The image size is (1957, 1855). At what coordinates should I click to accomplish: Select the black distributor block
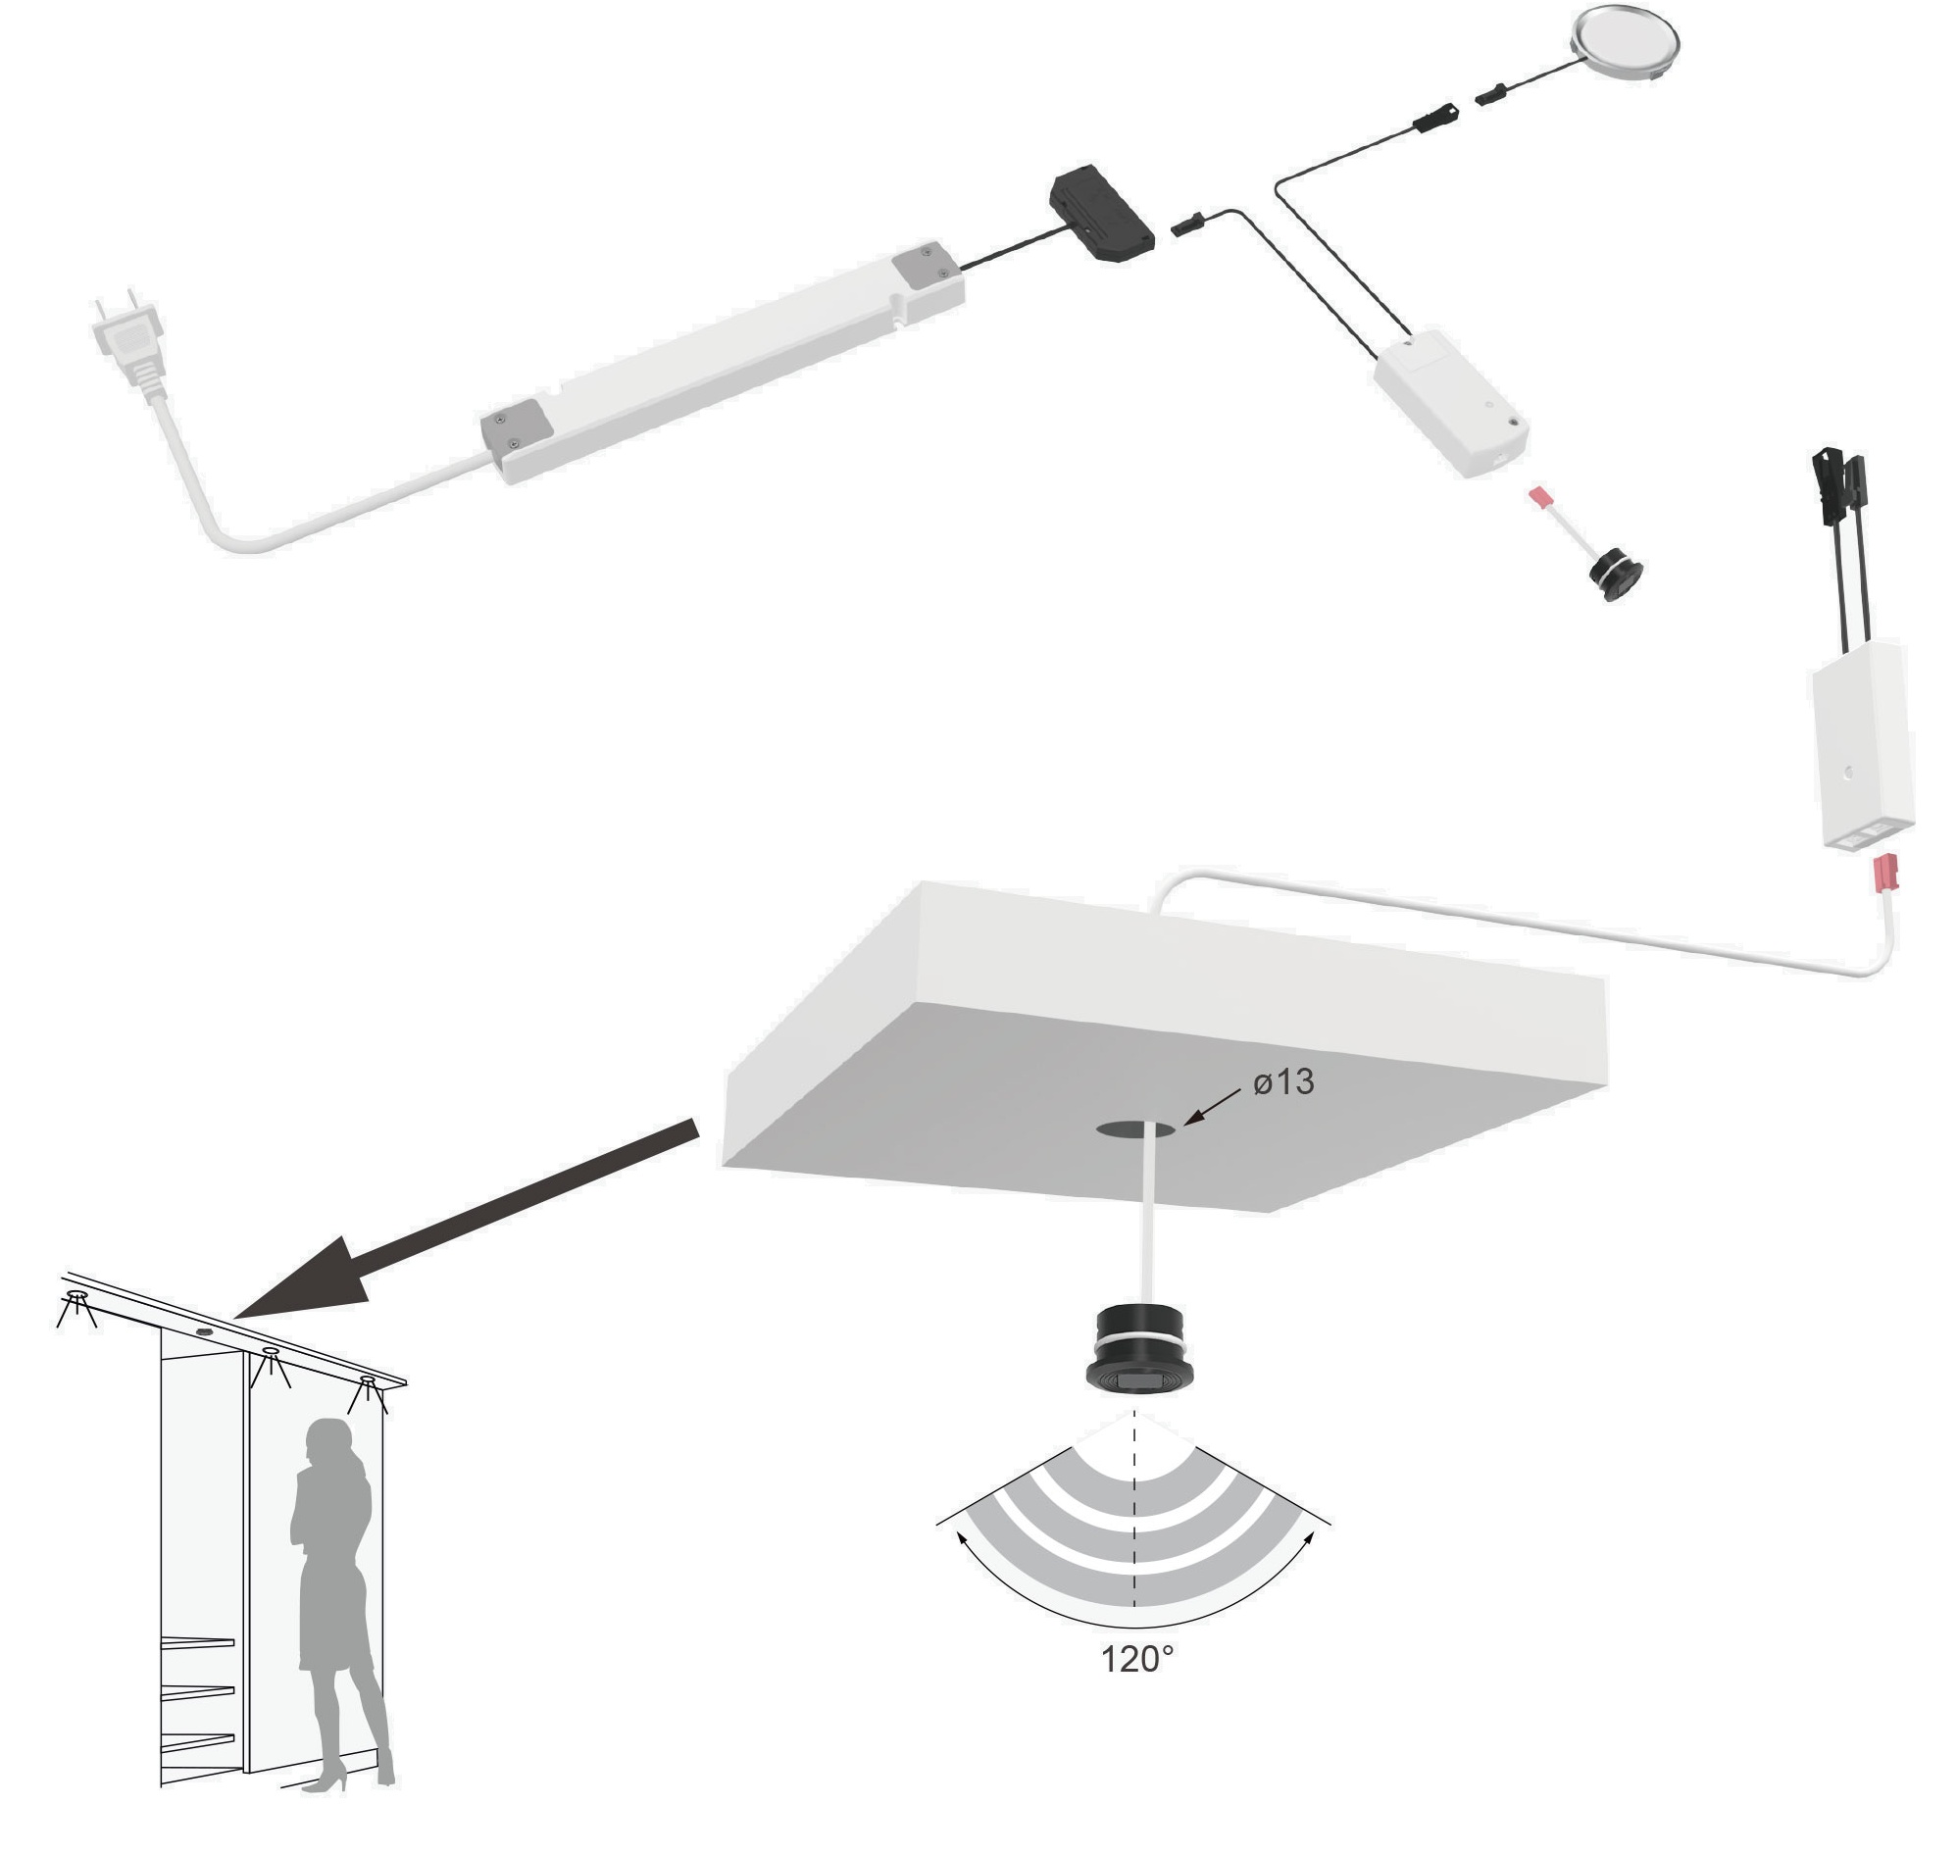pos(1102,213)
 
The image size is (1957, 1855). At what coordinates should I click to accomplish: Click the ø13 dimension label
pos(1282,1082)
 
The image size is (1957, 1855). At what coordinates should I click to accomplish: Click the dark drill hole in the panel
pos(1135,1129)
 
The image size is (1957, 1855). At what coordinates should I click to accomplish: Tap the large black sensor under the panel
pos(1138,1350)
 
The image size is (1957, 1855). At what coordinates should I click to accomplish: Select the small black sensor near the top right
pos(1614,574)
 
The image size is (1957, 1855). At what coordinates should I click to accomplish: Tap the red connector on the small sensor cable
pos(1538,496)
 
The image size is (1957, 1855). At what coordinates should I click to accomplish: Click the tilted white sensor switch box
pos(1451,405)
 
